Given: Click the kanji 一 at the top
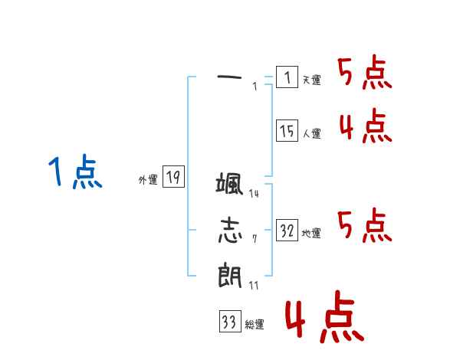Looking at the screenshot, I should tap(230, 77).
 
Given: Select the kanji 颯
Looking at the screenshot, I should tap(230, 185).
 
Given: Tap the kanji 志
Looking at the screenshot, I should tap(230, 230).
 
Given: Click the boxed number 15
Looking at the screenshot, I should tap(287, 132).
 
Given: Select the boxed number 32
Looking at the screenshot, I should tap(287, 231).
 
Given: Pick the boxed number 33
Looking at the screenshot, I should tap(229, 322).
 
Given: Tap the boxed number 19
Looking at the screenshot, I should tap(173, 178).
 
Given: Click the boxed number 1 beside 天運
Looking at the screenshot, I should tap(287, 77).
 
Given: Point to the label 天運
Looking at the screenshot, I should tap(311, 80).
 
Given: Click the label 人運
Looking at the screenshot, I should tap(311, 134).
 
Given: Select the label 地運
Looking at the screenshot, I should tap(311, 234).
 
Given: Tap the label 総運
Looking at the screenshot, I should tap(255, 325).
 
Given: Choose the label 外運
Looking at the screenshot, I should tap(148, 180).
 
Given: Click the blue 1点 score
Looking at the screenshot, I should tap(74, 172).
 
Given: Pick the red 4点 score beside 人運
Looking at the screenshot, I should tap(365, 126).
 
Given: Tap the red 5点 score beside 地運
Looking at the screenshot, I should tap(365, 226).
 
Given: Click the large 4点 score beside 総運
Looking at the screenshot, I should tap(324, 318).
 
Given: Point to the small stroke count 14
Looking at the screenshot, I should tap(254, 194).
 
